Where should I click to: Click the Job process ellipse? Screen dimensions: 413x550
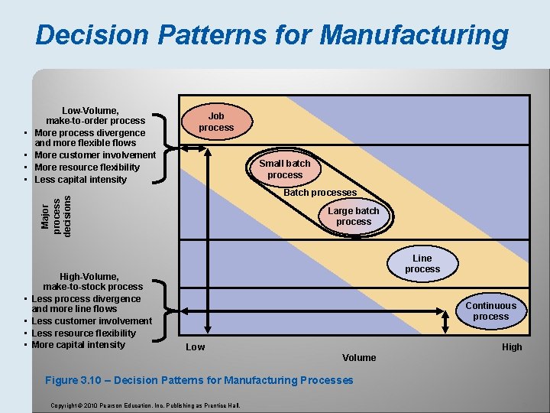tap(216, 122)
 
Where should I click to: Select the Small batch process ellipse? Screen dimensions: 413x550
tap(285, 169)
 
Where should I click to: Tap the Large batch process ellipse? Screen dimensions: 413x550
tap(353, 216)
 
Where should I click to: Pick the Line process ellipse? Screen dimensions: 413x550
tap(422, 264)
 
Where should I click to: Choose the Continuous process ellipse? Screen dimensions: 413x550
tap(490, 311)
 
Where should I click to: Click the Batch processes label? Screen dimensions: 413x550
tap(320, 193)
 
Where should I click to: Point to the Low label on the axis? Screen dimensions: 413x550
tap(196, 347)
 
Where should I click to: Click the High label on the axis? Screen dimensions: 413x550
tap(512, 347)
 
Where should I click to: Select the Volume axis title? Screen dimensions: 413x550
tap(359, 358)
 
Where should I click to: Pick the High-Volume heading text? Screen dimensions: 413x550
tap(89, 276)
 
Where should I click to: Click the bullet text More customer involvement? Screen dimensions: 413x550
tap(95, 155)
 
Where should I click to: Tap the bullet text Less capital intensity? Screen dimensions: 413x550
tap(81, 180)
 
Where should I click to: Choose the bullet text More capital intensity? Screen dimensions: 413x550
tap(79, 345)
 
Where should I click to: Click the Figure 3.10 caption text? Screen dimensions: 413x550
tap(199, 380)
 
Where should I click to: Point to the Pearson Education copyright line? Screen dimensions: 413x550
tap(145, 405)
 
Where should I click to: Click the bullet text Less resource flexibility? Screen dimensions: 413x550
tap(84, 333)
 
